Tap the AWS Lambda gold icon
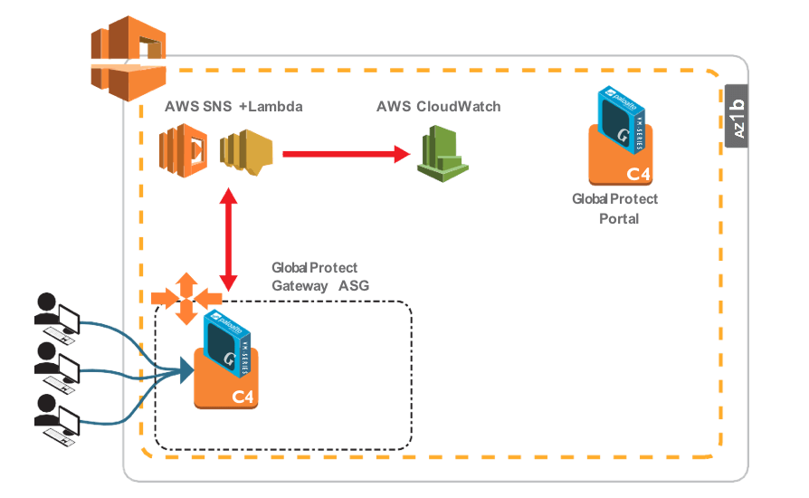tap(250, 151)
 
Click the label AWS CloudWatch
tap(438, 107)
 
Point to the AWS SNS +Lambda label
tap(233, 107)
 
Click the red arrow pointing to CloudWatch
tap(344, 154)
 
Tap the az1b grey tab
tap(738, 118)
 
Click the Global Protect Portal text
tap(615, 208)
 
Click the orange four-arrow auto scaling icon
tap(185, 297)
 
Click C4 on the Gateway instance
tap(243, 395)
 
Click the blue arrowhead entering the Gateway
tap(187, 368)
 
